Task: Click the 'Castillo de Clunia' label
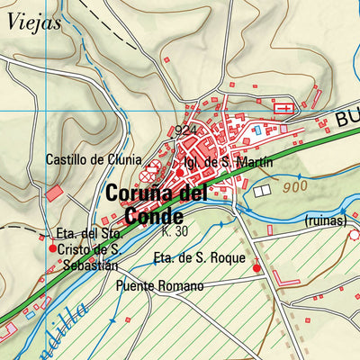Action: point(94,159)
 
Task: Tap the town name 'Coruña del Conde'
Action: point(156,204)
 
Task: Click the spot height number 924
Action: point(186,131)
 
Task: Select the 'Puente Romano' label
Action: point(159,286)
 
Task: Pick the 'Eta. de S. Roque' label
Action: point(199,258)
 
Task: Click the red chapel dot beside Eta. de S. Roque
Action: point(256,267)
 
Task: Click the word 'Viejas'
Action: point(33,23)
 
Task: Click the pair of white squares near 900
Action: point(262,191)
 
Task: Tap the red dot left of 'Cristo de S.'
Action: point(53,248)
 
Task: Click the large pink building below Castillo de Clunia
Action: point(55,193)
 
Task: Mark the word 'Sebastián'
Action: point(90,265)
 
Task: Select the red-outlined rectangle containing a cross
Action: point(283,109)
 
